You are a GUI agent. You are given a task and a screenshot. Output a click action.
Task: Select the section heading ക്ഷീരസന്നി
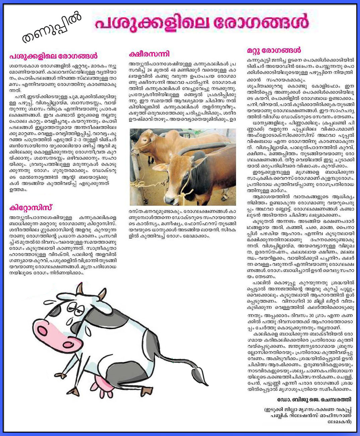149,54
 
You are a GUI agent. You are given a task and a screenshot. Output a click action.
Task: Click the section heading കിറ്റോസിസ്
31,208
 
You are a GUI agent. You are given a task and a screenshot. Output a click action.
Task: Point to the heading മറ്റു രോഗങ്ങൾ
274,51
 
